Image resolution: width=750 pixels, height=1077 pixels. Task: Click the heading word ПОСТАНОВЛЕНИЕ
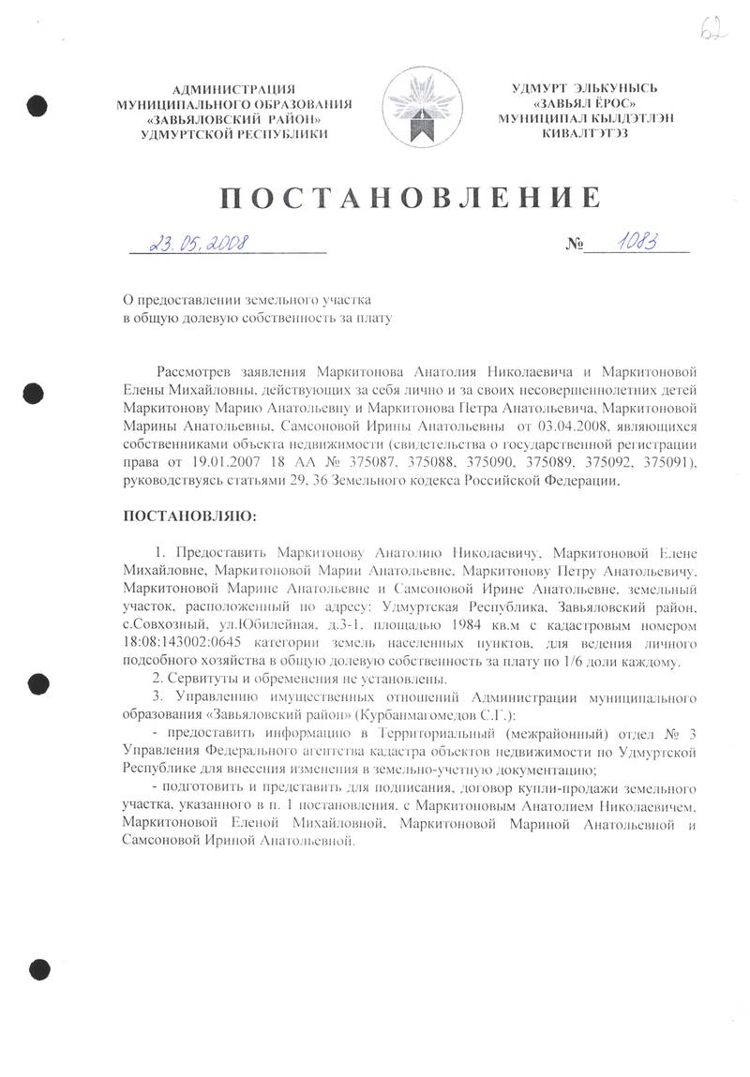[410, 198]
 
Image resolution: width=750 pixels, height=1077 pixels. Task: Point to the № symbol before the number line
[574, 247]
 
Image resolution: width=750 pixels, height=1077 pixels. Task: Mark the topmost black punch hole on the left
[36, 104]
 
